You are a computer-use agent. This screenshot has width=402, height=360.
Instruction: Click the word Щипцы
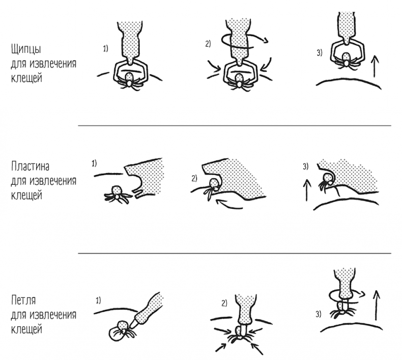tap(26, 49)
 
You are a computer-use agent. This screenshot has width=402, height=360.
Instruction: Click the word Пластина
tap(30, 167)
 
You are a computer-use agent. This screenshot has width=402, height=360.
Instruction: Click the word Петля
tap(23, 300)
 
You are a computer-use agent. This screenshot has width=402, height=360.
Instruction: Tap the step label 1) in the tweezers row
tap(105, 49)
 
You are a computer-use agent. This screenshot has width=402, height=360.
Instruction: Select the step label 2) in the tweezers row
tap(208, 44)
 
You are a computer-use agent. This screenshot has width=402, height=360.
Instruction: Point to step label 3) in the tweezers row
tap(320, 53)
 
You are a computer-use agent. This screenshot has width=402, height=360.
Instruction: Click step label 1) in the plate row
tap(94, 163)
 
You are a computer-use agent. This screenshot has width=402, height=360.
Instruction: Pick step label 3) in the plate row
tap(305, 167)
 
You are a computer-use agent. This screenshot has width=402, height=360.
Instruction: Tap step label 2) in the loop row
tap(224, 303)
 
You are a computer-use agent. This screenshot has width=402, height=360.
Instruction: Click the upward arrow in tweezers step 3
tap(375, 66)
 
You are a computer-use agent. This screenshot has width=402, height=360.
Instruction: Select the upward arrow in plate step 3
tap(307, 190)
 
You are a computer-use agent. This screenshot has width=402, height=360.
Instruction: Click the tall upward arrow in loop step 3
tap(376, 306)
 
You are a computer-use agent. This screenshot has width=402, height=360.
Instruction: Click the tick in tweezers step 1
tap(129, 81)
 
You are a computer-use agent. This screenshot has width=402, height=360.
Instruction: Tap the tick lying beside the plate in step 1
tap(117, 195)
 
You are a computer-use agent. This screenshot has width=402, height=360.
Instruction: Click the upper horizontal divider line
tap(235, 126)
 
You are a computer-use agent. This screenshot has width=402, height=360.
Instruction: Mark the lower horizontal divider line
tap(235, 253)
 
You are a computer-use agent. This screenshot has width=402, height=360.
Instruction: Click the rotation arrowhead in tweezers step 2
tap(265, 40)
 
